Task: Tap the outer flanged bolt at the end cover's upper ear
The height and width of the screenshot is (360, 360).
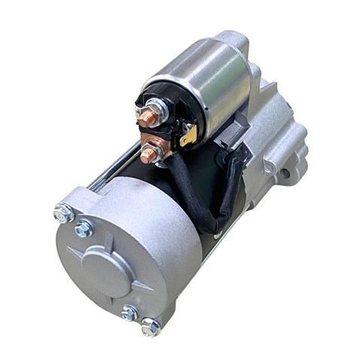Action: point(63,213)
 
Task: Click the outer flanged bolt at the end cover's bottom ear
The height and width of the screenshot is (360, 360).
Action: point(150,326)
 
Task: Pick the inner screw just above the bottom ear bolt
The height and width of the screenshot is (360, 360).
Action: point(130,311)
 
